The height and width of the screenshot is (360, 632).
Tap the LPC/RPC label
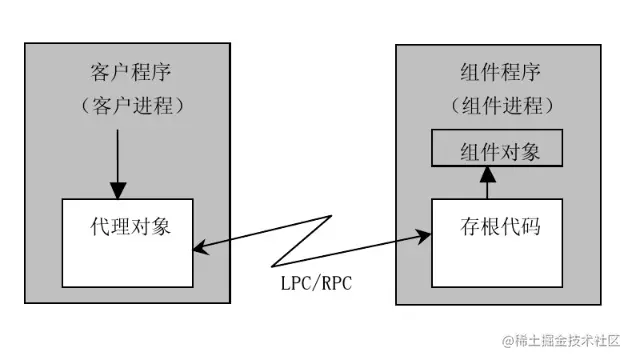tap(316, 283)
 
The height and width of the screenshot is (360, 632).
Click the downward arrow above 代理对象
tap(118, 160)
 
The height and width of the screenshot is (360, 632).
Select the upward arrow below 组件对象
tap(488, 183)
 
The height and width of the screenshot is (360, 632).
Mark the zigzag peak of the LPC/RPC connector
tap(329, 214)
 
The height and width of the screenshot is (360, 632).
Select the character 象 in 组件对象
tap(530, 150)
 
